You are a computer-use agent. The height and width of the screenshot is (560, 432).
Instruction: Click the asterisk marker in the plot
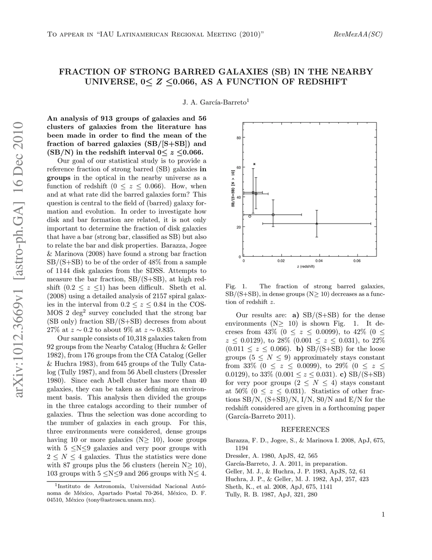[254, 164]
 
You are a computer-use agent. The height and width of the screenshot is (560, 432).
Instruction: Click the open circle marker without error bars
[250, 216]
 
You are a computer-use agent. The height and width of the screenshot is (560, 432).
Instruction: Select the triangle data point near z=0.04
[317, 224]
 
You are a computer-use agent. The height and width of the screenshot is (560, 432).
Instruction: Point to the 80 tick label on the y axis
[238, 138]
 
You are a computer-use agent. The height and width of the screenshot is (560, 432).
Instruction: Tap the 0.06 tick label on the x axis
[357, 261]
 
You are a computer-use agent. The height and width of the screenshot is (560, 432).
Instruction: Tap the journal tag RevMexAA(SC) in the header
[359, 35]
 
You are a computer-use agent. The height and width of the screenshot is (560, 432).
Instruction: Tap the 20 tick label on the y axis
[238, 227]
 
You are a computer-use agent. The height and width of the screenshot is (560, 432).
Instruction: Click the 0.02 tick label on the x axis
[281, 261]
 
